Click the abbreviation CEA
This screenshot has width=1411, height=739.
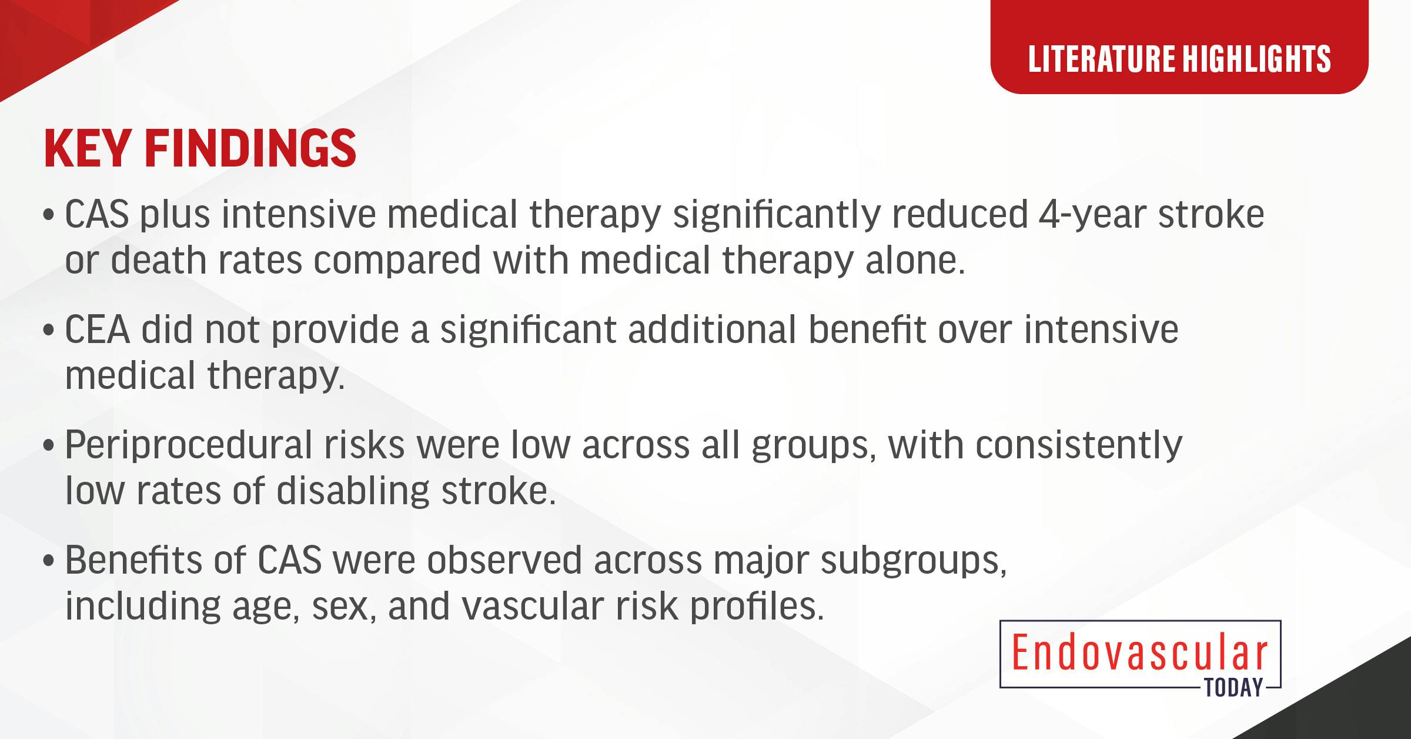tap(97, 329)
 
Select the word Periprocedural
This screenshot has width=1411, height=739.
tap(188, 446)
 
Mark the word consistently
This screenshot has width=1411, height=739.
tap(1079, 446)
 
